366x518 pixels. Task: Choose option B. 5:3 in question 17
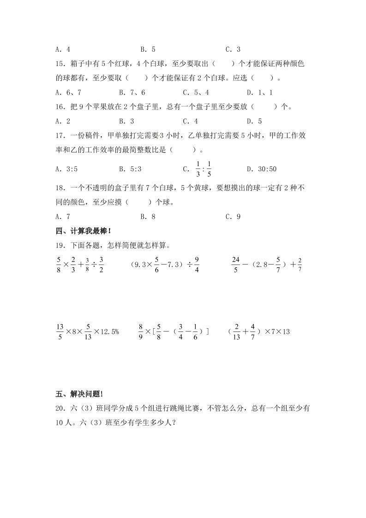[130, 169]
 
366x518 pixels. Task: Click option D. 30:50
[261, 169]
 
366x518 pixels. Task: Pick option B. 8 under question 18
[148, 217]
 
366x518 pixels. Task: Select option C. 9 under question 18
[233, 217]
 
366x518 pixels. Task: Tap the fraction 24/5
[235, 265]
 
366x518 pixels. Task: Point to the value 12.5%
[109, 332]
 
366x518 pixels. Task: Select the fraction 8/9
[141, 332]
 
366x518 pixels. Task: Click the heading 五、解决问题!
[79, 394]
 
